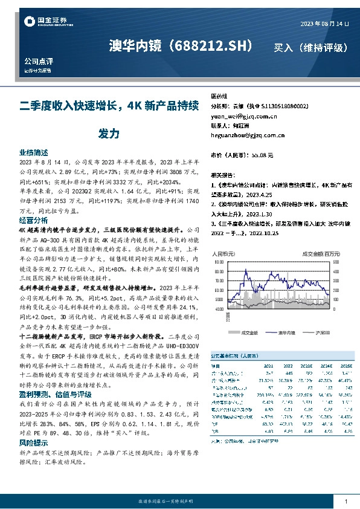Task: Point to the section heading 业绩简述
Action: (34, 154)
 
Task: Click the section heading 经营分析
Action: (34, 221)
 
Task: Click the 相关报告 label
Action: (222, 173)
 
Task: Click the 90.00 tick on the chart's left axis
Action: (218, 263)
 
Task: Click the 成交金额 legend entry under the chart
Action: (249, 332)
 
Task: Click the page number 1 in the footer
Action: (346, 501)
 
